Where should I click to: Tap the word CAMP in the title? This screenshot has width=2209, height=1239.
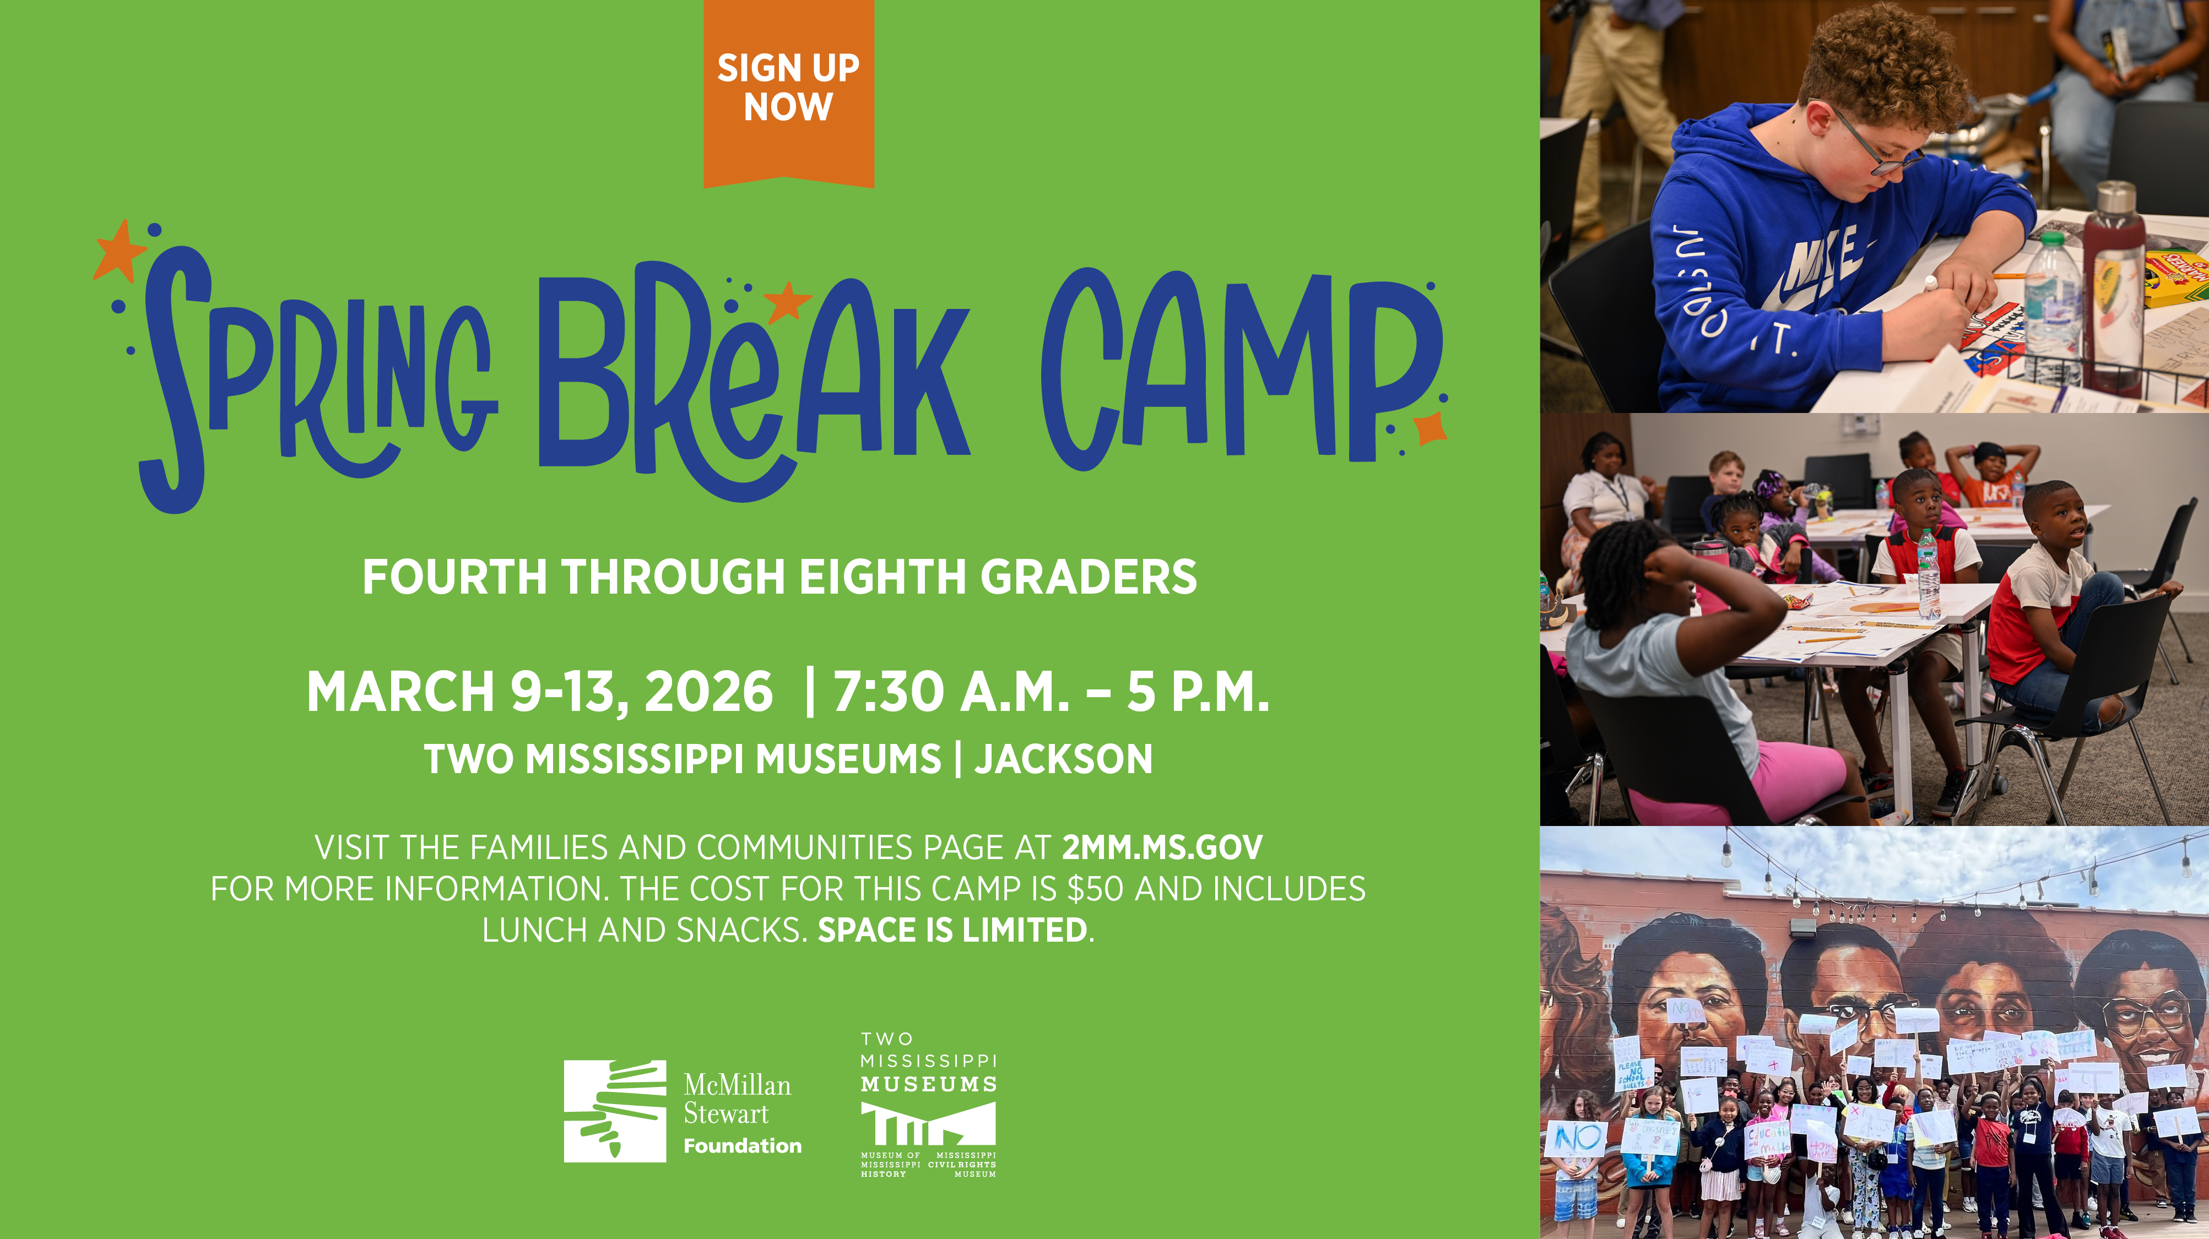coord(1239,369)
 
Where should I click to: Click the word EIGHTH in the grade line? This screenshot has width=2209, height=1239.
coord(882,577)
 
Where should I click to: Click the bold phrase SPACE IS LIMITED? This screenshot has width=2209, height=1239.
coord(952,930)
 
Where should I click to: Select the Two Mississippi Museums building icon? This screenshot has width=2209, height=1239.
coord(928,1123)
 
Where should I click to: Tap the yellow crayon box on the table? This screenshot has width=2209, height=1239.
coord(2178,274)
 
